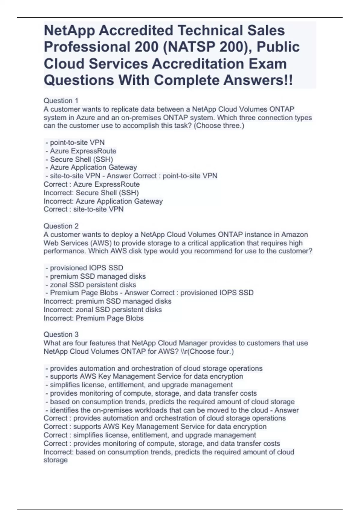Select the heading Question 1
click(61, 101)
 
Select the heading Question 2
click(61, 226)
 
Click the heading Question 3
click(61, 334)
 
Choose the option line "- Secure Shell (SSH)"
click(79, 159)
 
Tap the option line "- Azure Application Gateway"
click(91, 167)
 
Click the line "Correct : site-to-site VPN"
click(83, 209)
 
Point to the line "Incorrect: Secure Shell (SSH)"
click(91, 193)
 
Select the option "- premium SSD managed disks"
click(95, 276)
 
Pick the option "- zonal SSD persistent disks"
click(91, 285)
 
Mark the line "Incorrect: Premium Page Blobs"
click(94, 318)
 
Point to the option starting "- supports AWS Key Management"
click(144, 376)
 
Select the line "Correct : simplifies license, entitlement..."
click(150, 435)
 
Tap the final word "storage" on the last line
click(55, 460)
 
